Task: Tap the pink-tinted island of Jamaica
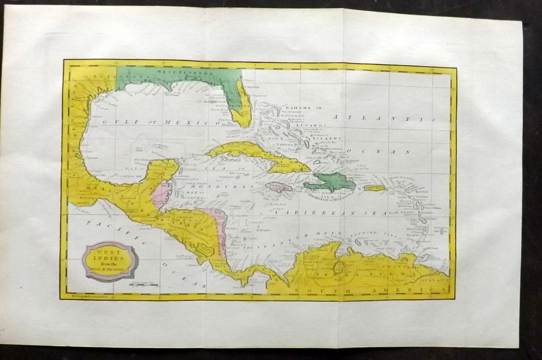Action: pos(279,186)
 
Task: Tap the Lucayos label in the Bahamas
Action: pos(309,125)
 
